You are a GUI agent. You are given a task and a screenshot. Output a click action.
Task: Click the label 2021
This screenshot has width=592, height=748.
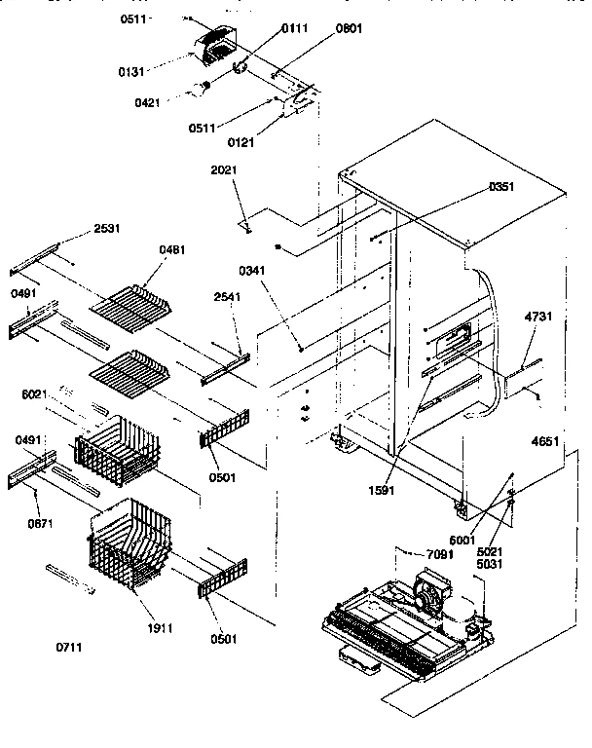point(224,170)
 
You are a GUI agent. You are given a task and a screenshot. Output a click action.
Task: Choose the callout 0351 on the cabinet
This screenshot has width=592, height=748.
point(501,186)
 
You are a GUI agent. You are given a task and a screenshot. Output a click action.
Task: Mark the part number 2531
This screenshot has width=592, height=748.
point(107,229)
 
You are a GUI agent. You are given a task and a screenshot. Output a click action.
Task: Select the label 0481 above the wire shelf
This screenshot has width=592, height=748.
point(171,249)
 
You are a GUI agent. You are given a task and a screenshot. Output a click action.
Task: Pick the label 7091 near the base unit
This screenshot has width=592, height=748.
point(440,554)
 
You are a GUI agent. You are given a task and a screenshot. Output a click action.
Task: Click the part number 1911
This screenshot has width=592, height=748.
point(159,628)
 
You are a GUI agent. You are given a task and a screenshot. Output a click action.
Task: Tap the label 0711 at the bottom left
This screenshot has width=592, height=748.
point(69,647)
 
